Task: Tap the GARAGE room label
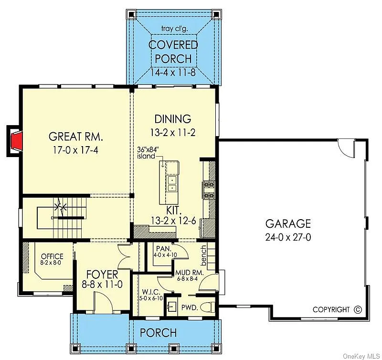pyautogui.click(x=288, y=223)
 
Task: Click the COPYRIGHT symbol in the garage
pyautogui.click(x=358, y=309)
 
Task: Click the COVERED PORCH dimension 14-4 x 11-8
pyautogui.click(x=173, y=73)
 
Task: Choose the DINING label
pyautogui.click(x=173, y=119)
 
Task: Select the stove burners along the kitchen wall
pyautogui.click(x=208, y=190)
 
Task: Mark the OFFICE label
pyautogui.click(x=52, y=256)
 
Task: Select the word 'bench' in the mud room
pyautogui.click(x=203, y=254)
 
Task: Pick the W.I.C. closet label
pyautogui.click(x=149, y=291)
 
